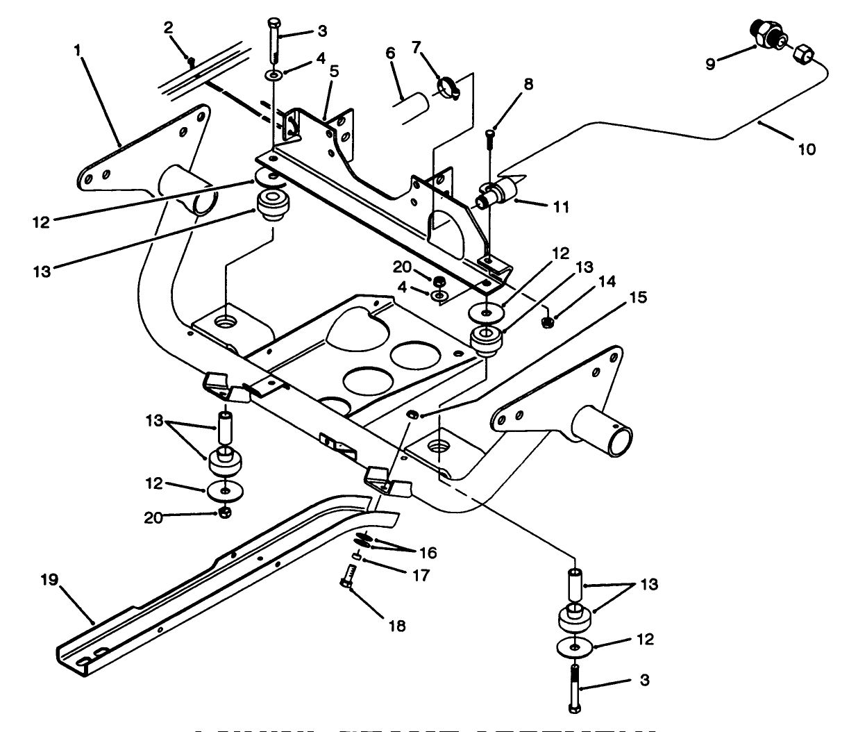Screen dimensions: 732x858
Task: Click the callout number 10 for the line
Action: click(807, 148)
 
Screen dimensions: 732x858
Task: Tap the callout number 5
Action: click(334, 70)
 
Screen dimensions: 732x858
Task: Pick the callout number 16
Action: click(428, 553)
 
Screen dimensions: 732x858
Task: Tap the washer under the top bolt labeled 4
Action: click(274, 74)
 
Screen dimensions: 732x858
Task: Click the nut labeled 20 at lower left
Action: click(224, 513)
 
